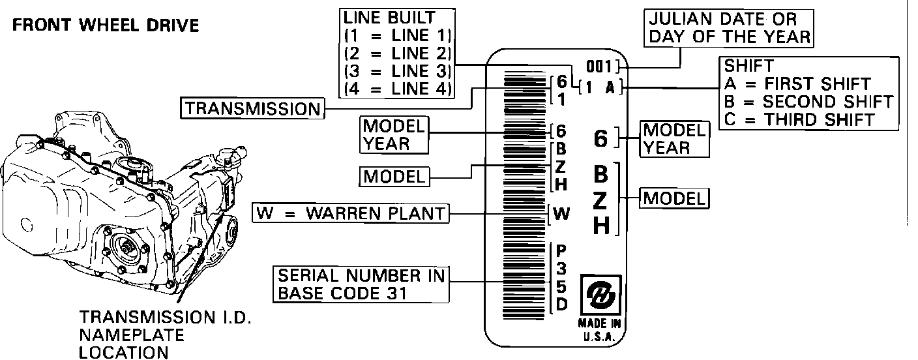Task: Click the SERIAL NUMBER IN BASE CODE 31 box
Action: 361,284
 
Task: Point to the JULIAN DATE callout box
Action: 729,28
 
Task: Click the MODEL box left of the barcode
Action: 394,176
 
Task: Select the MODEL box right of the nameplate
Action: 674,198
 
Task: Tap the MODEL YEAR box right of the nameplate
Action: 674,138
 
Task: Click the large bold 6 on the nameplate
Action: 601,138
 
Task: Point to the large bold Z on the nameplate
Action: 601,200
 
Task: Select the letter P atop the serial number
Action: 561,250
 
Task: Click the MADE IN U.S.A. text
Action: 600,330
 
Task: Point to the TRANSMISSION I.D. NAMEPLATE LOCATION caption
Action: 164,335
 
